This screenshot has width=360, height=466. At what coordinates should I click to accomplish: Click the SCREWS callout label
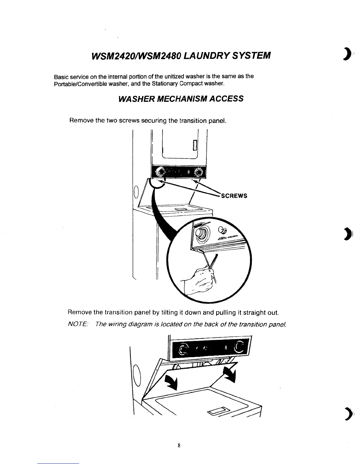tap(234, 196)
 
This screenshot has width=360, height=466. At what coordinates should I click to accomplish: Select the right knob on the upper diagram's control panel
tap(199, 172)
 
